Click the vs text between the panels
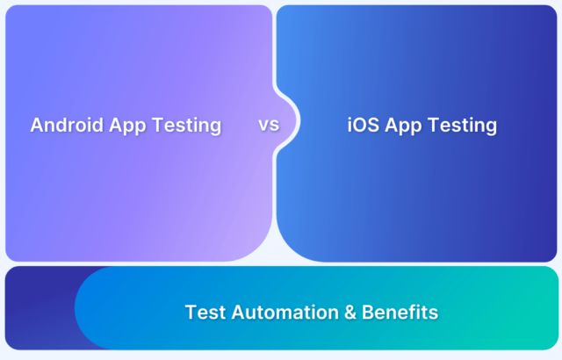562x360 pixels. pos(269,124)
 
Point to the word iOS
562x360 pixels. pos(364,125)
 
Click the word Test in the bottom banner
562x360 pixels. pos(204,312)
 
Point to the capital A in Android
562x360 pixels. pos(37,125)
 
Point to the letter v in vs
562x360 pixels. pos(263,125)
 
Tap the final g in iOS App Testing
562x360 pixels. pos(491,127)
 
